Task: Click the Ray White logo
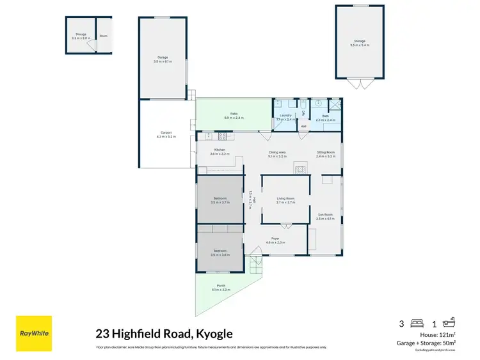[34, 333]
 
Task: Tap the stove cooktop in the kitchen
[221, 136]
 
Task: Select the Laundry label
[285, 116]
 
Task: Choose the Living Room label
[285, 198]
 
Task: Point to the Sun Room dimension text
[325, 219]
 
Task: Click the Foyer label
[275, 239]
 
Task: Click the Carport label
[166, 133]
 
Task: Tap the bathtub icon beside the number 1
[448, 324]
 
